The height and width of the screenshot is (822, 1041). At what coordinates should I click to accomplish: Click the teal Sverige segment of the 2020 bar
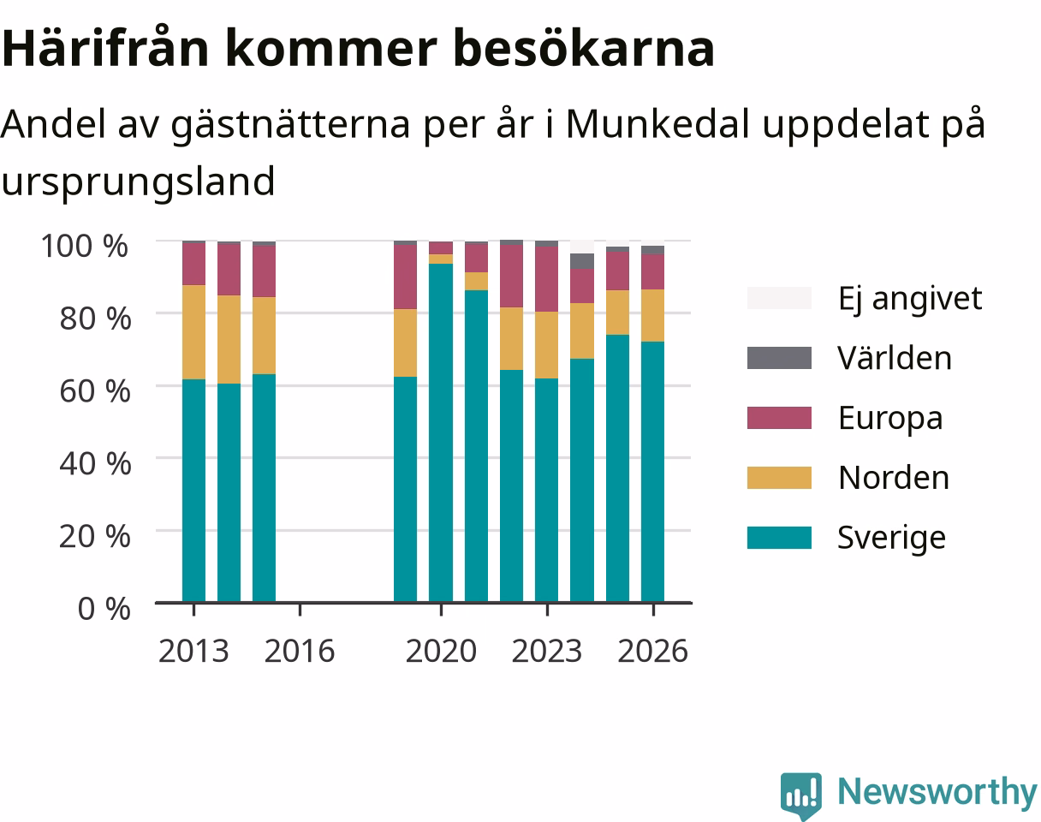(441, 432)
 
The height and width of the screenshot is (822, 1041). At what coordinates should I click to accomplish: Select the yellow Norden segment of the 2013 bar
(194, 332)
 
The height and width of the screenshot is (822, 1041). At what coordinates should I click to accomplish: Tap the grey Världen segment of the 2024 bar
(582, 261)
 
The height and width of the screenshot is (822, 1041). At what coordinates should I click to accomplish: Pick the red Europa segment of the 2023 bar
(547, 279)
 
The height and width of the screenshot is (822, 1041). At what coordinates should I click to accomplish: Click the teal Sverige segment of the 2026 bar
(652, 472)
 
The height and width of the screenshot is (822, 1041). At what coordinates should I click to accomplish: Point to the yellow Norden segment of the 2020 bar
(441, 259)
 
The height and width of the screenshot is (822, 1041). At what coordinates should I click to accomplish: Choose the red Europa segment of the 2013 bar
(194, 264)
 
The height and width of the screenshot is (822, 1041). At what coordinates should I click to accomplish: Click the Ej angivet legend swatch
(779, 298)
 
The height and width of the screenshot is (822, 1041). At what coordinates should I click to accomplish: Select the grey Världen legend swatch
(779, 358)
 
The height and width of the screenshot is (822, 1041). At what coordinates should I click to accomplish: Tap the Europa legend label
(890, 419)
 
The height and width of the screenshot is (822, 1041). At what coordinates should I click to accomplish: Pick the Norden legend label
(894, 478)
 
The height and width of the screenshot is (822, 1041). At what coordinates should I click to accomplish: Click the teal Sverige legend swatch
(779, 538)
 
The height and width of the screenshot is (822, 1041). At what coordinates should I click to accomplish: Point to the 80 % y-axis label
(95, 319)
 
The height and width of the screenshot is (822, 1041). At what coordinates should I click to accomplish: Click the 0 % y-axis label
(104, 609)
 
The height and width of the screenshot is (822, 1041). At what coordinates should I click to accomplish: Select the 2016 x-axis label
(300, 652)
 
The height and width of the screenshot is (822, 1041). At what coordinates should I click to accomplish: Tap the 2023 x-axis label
(547, 652)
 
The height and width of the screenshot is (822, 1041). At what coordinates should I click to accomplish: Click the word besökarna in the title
(583, 48)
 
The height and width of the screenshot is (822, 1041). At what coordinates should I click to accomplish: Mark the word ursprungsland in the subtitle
(138, 182)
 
